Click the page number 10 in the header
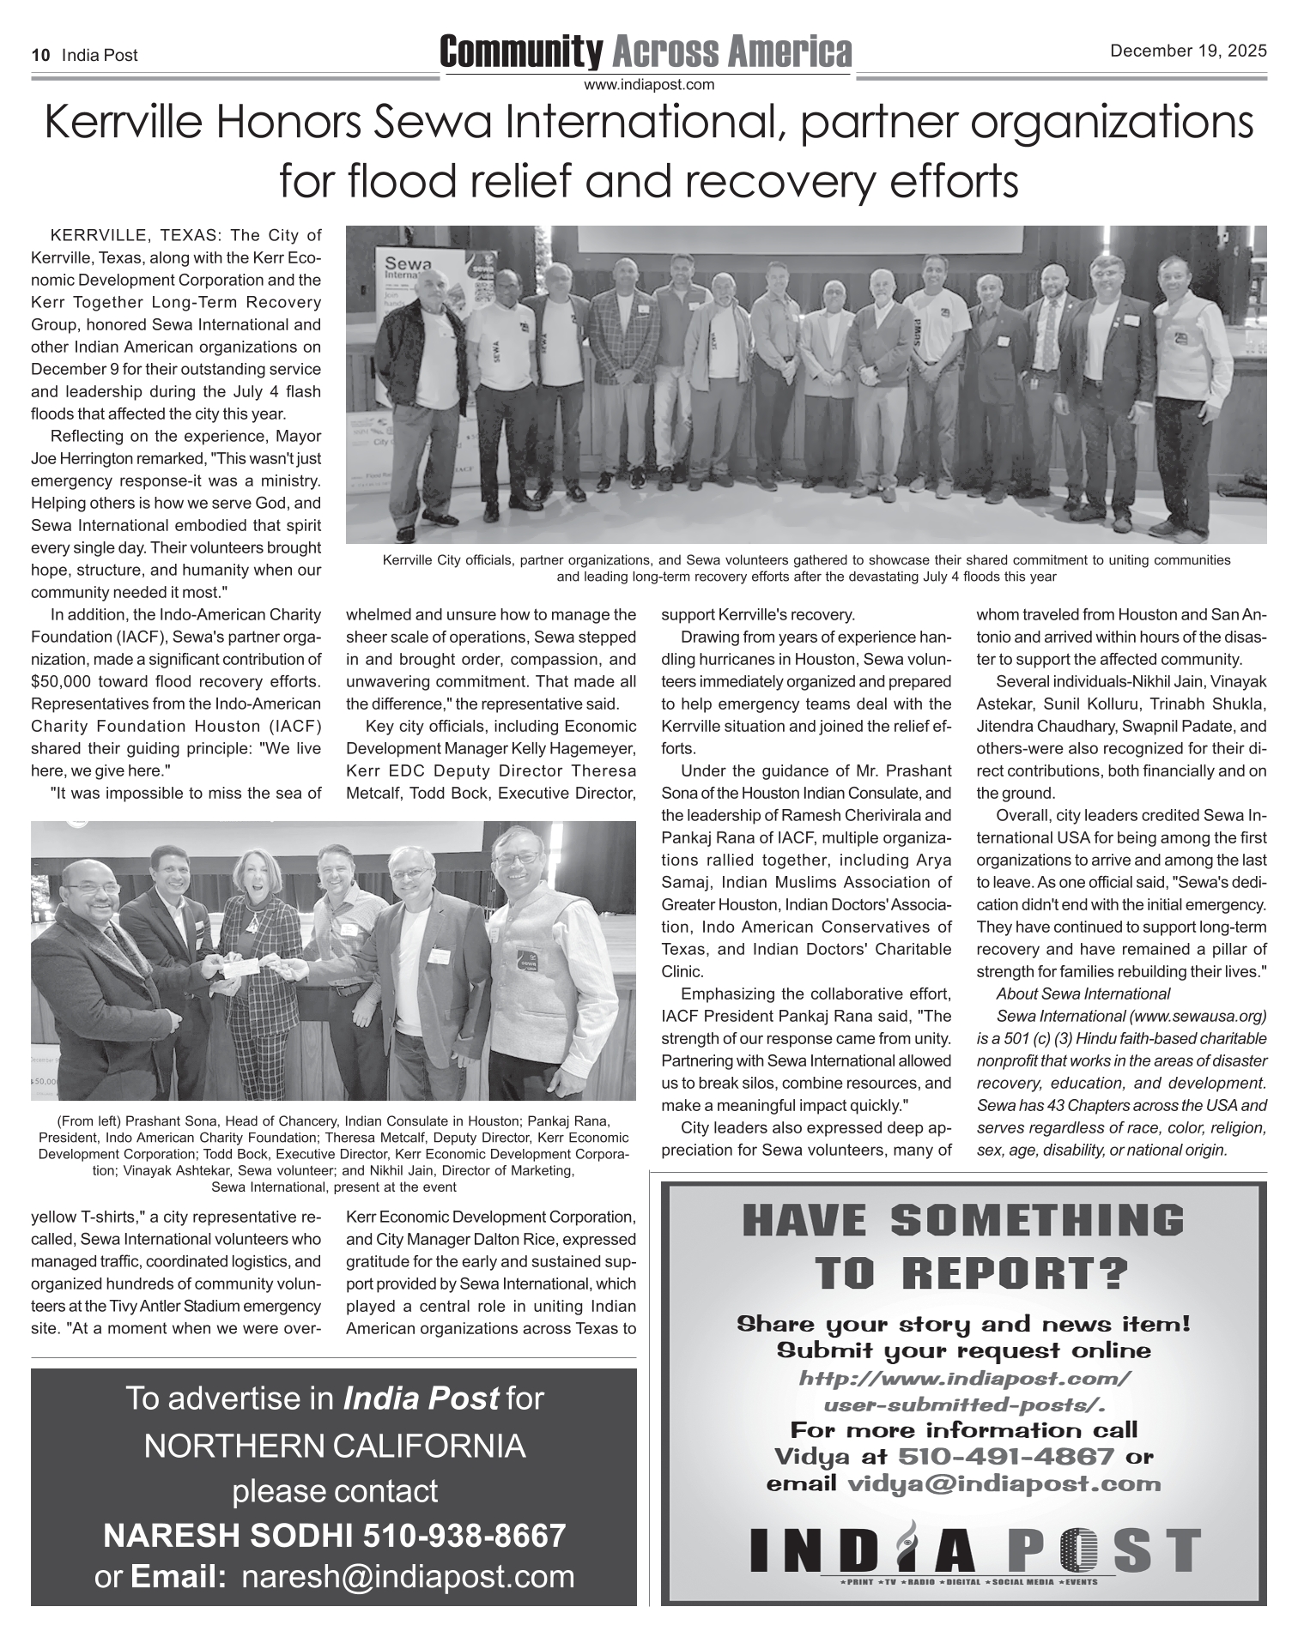point(39,56)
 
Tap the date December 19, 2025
point(1188,51)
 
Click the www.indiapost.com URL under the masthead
point(649,85)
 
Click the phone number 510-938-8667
point(464,1536)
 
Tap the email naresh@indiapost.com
point(409,1576)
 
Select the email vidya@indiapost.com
point(1004,1483)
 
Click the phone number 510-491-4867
point(1005,1457)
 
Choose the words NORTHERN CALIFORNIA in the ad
point(334,1447)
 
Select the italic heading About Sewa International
point(1083,994)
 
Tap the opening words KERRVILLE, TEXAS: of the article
point(136,236)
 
